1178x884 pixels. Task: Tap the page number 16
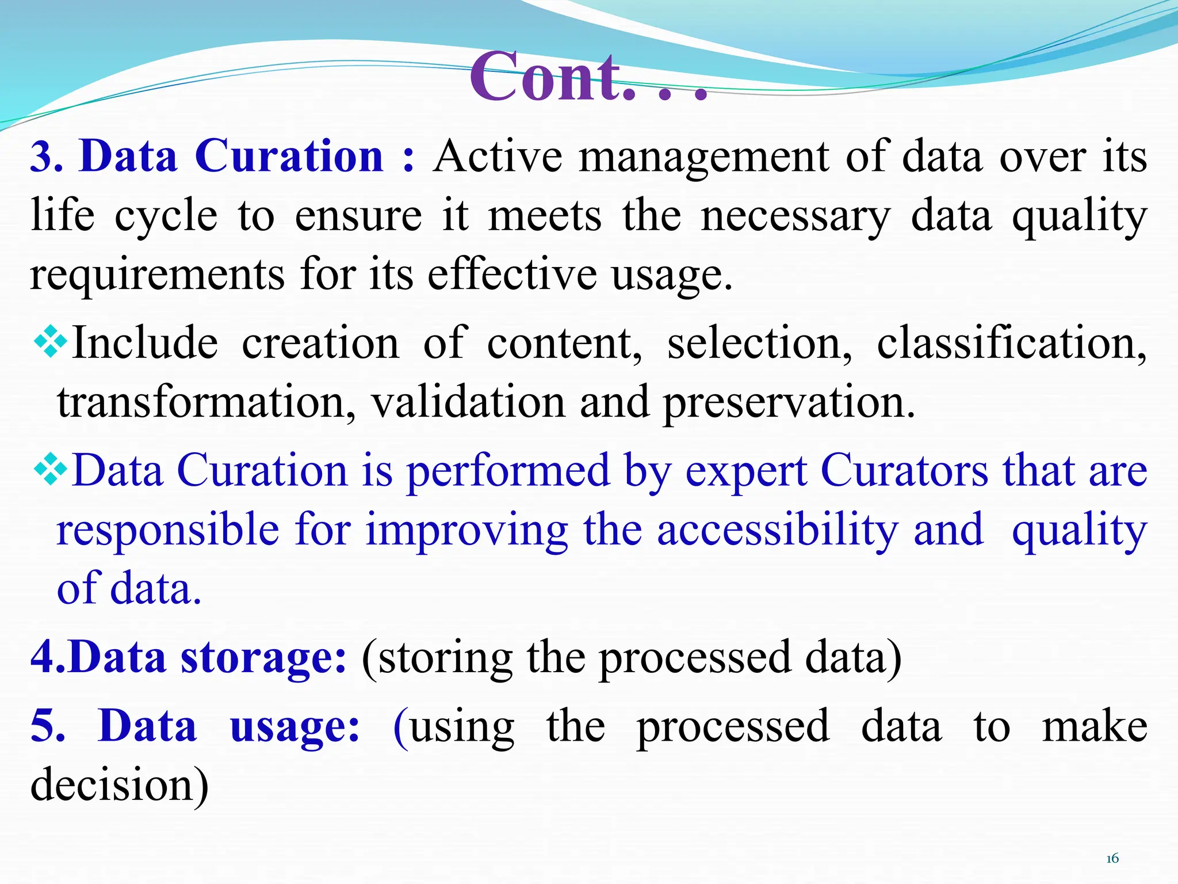1112,859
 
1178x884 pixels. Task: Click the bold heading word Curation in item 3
289,157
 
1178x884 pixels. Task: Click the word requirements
157,276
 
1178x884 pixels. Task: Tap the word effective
512,275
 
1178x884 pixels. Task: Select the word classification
1011,344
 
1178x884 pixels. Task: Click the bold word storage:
263,658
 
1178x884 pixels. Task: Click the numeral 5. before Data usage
47,726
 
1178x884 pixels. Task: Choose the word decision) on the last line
119,785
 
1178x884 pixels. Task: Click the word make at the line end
1095,726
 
